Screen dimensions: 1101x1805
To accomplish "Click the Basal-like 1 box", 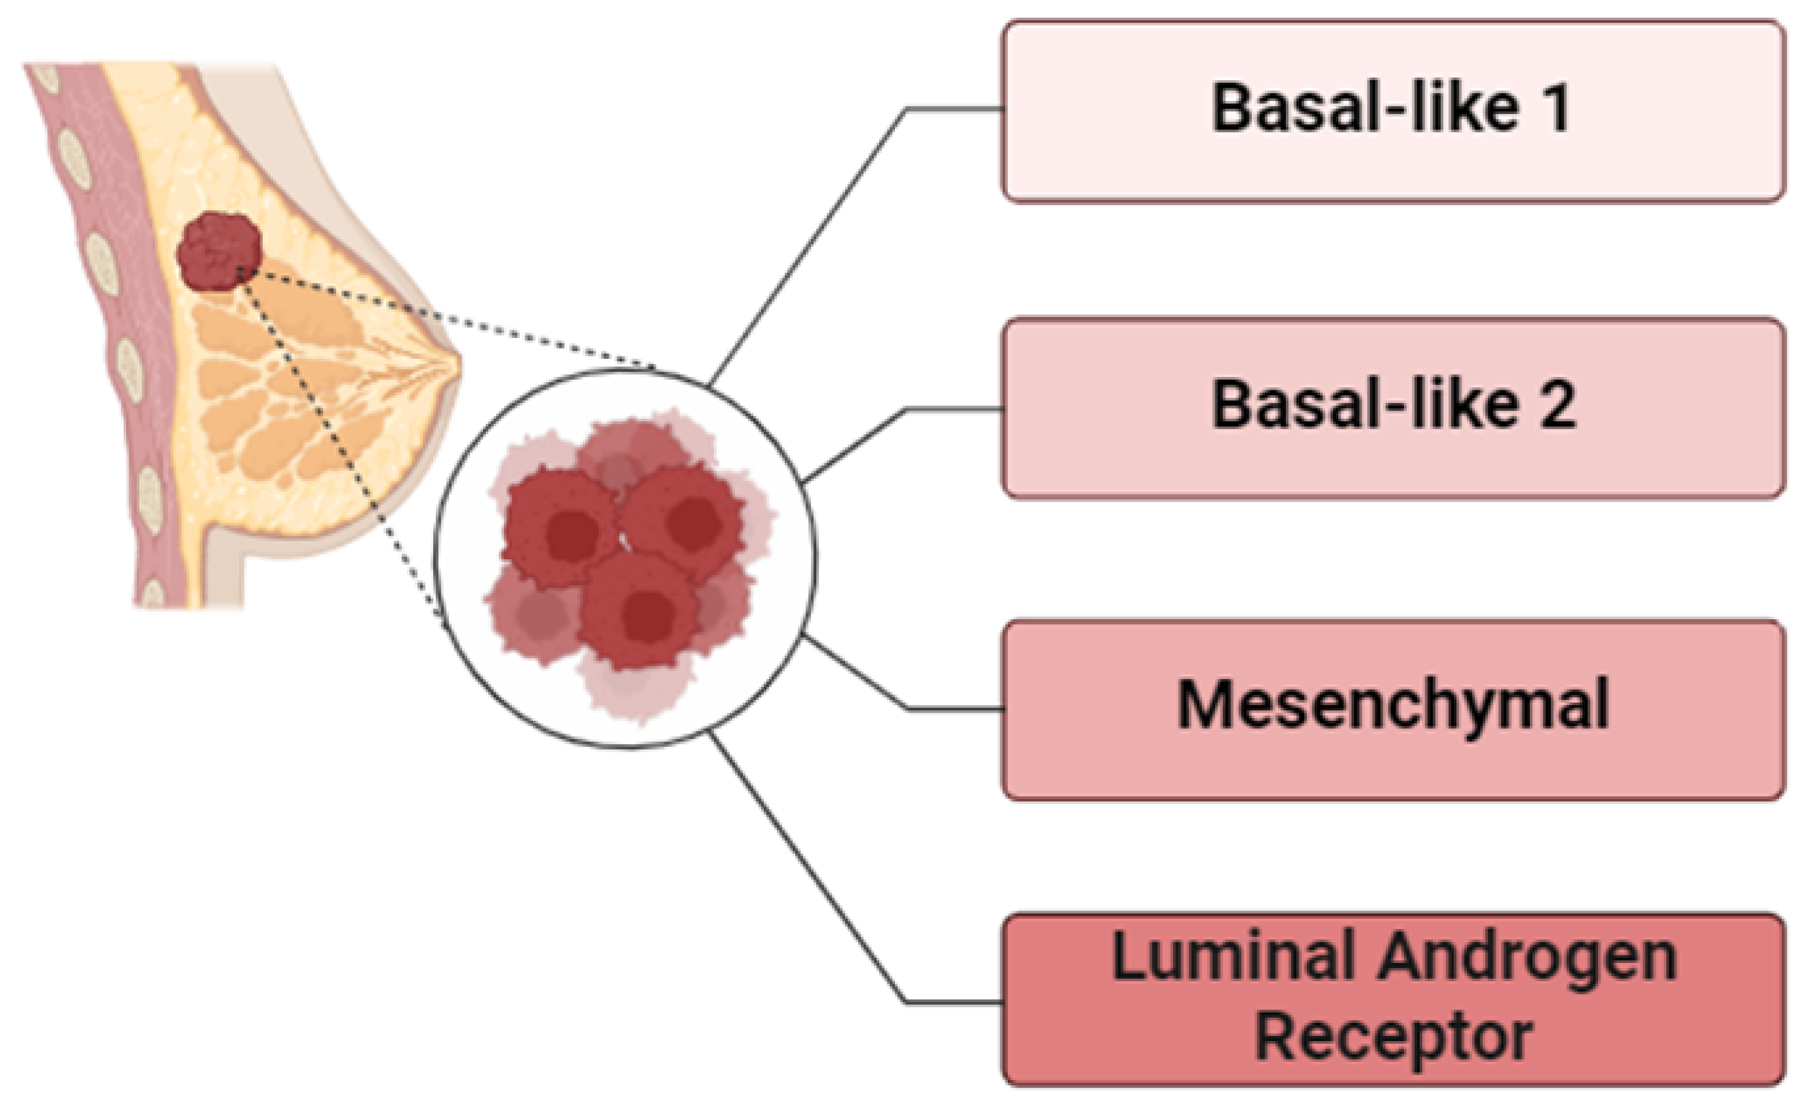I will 1392,110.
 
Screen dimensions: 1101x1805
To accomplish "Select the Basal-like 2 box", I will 1392,408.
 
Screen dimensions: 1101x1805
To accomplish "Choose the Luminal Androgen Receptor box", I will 1392,999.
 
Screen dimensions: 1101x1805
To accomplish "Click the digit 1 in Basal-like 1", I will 1556,108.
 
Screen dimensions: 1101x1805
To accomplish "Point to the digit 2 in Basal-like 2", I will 1556,404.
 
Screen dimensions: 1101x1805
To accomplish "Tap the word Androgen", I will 1528,957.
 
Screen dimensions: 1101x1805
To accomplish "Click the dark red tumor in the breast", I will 218,251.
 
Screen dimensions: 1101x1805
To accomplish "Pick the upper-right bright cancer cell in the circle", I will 684,518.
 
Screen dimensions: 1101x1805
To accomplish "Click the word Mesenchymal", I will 1392,705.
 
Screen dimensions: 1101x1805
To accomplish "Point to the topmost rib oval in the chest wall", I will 46,77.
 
